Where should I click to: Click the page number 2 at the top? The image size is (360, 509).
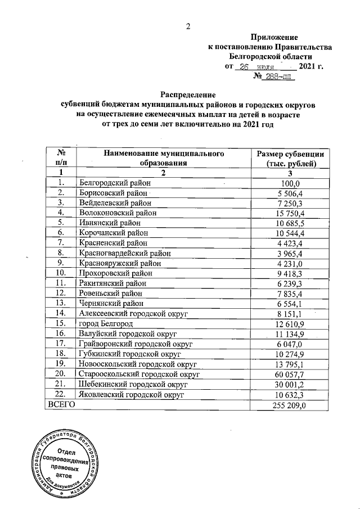point(188,26)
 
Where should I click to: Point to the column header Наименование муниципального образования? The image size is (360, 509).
point(162,158)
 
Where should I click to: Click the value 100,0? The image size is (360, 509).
point(291,183)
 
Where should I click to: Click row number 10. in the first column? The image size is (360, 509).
point(61,274)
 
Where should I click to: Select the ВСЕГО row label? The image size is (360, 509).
point(60,405)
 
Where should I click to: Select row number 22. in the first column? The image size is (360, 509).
point(61,395)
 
